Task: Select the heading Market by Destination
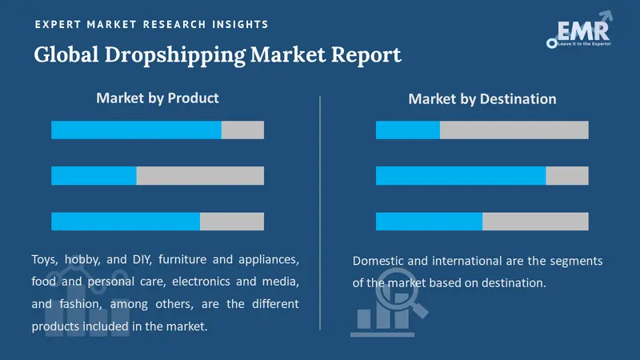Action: point(482,99)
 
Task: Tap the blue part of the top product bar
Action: point(136,130)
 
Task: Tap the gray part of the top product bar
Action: point(242,130)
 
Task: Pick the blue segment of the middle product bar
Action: point(94,176)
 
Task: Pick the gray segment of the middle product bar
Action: point(200,176)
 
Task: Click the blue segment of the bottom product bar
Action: point(126,222)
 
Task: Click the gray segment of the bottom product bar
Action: point(232,222)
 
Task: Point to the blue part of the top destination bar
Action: point(408,130)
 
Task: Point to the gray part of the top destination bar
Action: point(514,130)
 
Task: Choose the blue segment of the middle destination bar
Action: point(461,176)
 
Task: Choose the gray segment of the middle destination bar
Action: point(567,176)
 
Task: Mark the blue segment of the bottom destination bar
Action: point(429,222)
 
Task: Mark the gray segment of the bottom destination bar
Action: point(535,222)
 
